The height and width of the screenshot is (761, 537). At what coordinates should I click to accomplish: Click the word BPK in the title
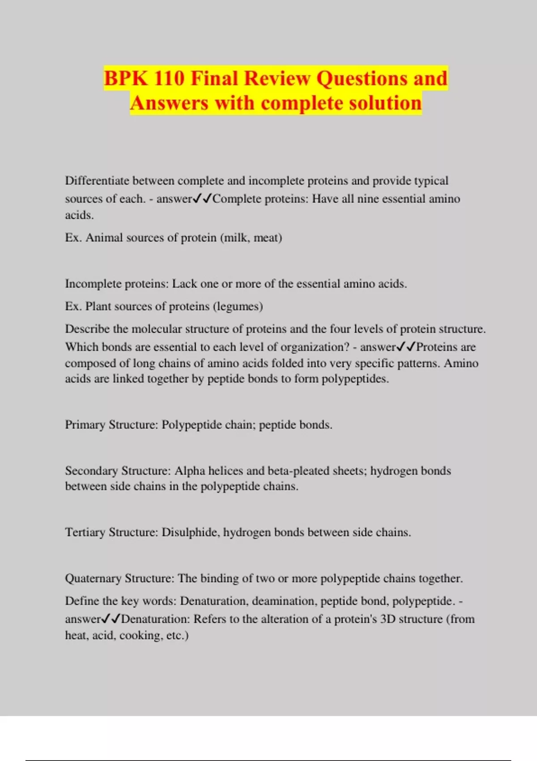click(x=126, y=78)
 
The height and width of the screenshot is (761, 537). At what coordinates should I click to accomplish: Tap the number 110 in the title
click(x=169, y=78)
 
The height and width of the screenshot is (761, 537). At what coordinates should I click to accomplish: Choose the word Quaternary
click(x=93, y=578)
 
